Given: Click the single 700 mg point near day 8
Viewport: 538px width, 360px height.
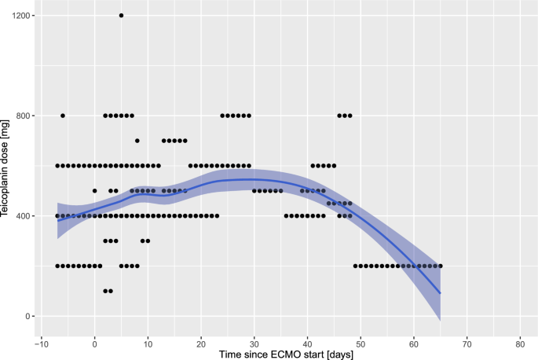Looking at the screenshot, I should tap(137, 141).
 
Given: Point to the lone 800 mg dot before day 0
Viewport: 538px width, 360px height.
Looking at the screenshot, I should tap(63, 116).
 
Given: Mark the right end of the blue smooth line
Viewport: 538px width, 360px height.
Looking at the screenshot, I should tap(441, 293).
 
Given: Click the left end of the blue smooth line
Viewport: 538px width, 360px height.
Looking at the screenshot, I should tap(57, 221).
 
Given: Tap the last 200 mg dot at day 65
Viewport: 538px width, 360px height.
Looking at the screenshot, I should tap(441, 266).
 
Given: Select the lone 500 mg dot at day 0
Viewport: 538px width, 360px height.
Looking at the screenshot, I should tap(94, 190).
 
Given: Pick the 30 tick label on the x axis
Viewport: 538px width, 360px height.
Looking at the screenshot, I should tap(254, 343).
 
